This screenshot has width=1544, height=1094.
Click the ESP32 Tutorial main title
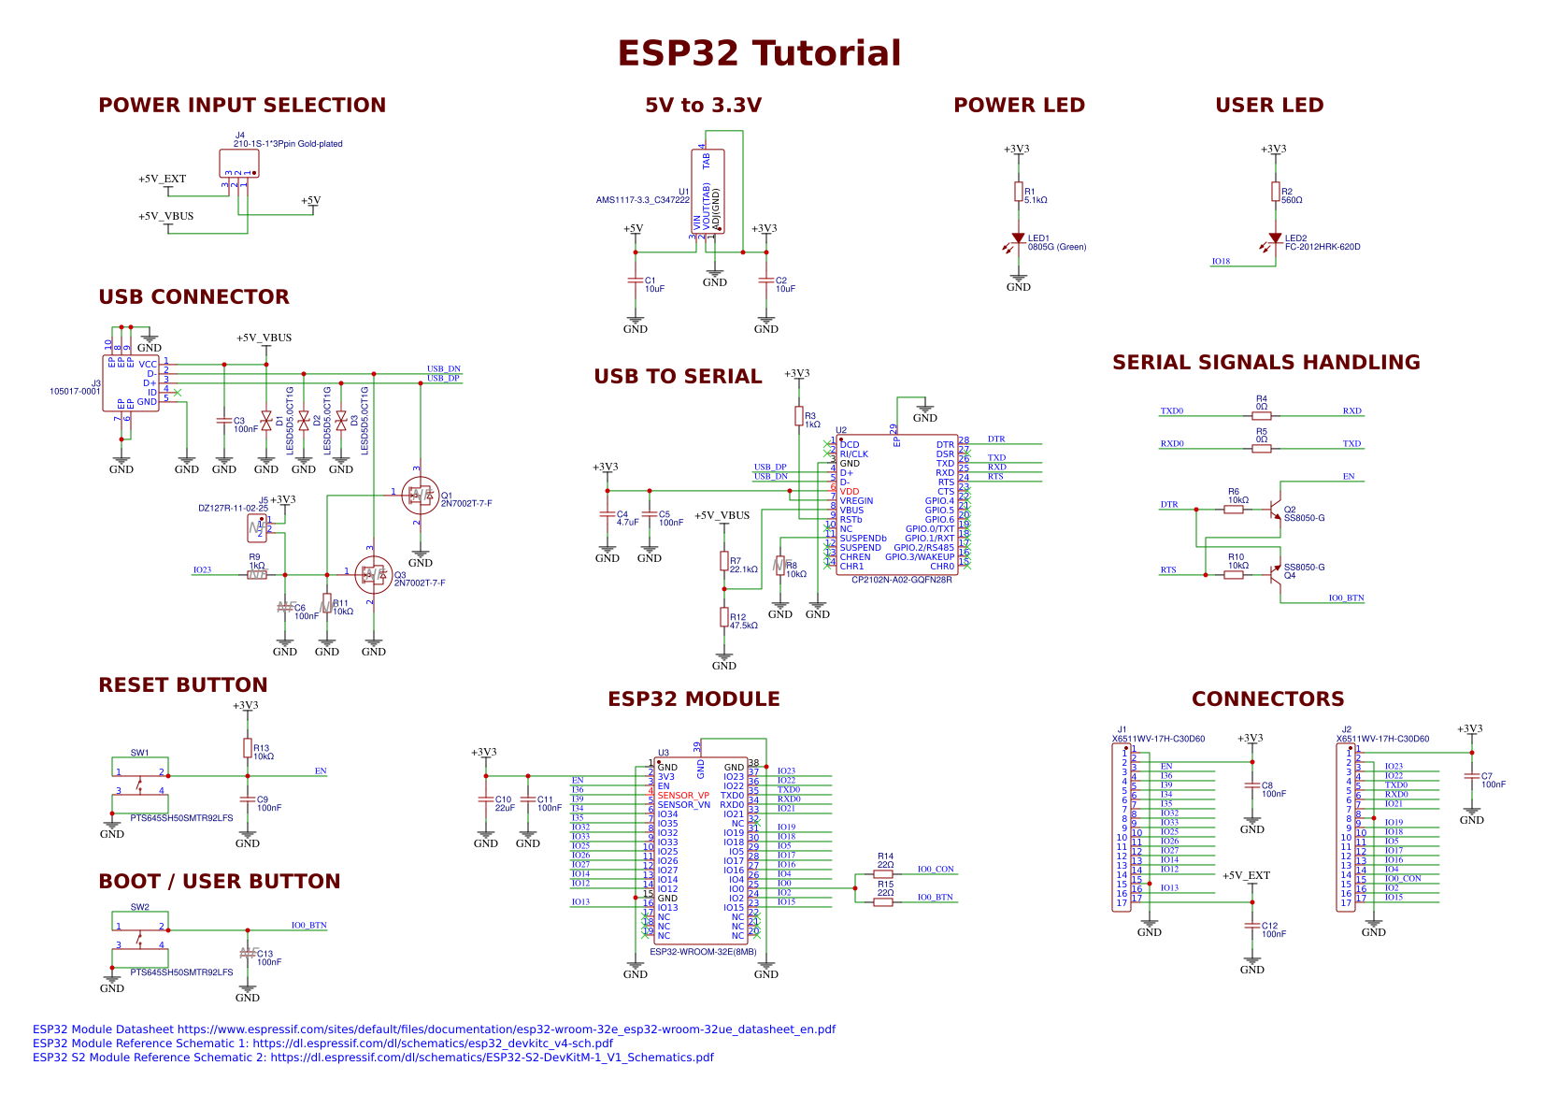tap(759, 53)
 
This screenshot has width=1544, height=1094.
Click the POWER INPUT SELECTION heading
tap(242, 105)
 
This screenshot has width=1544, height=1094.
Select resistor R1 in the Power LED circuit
tap(1019, 192)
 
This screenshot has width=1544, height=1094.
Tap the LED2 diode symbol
tap(1275, 239)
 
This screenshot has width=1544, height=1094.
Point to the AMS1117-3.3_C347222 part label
tap(643, 200)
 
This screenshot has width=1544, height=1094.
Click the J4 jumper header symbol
tap(239, 164)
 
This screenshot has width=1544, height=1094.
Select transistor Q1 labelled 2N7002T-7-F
tap(419, 496)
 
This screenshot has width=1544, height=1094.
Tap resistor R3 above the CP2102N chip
tap(799, 416)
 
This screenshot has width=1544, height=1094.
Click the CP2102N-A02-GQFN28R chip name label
tap(901, 580)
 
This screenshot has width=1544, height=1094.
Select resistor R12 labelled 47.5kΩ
tap(724, 616)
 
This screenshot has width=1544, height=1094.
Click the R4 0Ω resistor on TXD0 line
tap(1262, 416)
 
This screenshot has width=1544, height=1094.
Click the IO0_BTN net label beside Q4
tap(1346, 598)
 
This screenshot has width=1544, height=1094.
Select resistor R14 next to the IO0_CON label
tap(883, 874)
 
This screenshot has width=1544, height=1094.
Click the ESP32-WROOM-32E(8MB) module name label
tap(703, 952)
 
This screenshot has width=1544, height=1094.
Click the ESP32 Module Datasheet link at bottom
tap(434, 1029)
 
